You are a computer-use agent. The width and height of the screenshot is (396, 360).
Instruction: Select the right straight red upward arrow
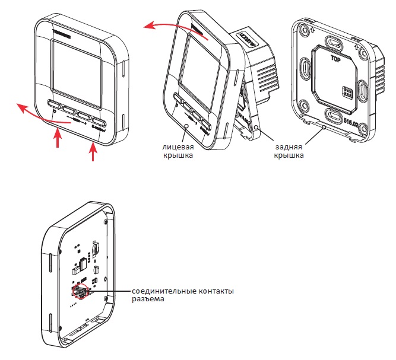(92, 151)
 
